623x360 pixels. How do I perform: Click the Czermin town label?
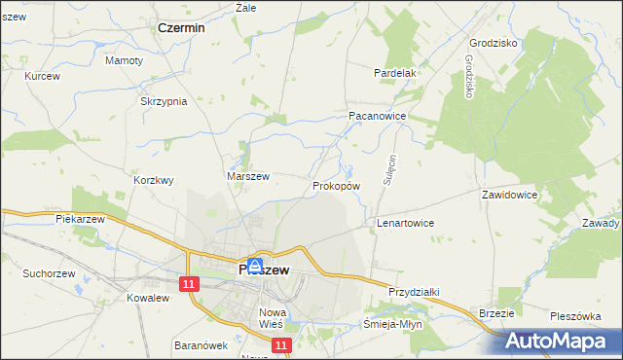point(181,28)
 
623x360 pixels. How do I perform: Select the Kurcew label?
point(43,76)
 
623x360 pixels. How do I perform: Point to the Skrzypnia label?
point(164,102)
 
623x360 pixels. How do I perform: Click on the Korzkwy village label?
point(154,180)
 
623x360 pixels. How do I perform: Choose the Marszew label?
point(247,176)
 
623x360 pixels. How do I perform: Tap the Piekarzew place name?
point(80,220)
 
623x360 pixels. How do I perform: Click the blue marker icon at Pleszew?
point(254,265)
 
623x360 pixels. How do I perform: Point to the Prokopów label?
point(337,185)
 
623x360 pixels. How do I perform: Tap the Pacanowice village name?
point(377,115)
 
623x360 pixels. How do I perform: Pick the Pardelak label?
point(396,73)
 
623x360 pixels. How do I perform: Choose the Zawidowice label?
point(510,195)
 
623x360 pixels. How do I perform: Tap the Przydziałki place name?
point(416,292)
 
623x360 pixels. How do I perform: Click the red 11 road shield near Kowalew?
point(189,283)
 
